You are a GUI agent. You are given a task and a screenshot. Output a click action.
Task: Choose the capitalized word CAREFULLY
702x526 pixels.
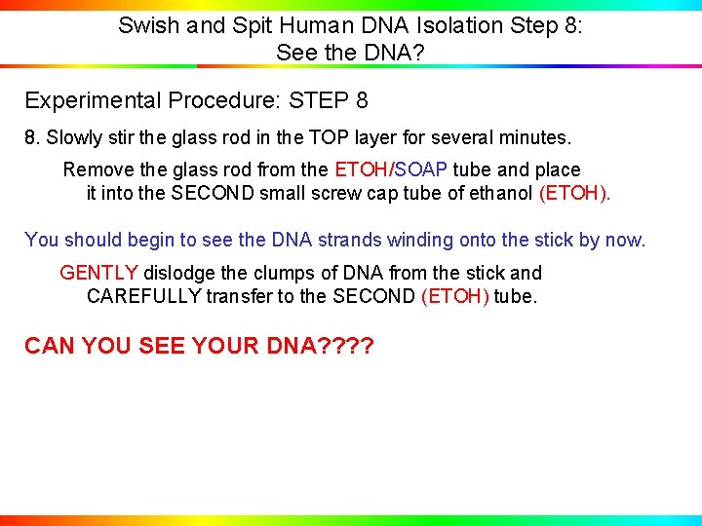pyautogui.click(x=144, y=296)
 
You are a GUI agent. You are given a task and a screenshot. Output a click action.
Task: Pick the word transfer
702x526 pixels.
pyautogui.click(x=239, y=296)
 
